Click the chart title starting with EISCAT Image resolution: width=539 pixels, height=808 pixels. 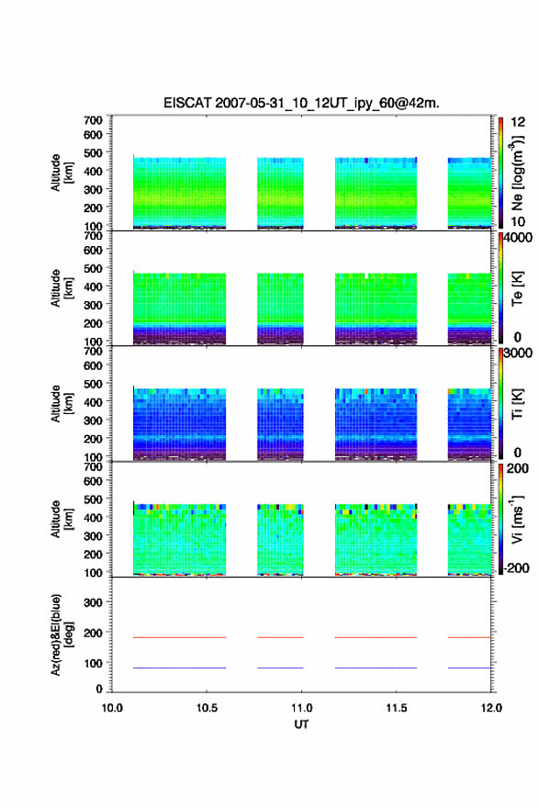(x=301, y=103)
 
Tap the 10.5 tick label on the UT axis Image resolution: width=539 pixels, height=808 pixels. (x=207, y=708)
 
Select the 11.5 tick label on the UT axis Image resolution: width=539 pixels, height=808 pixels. (x=397, y=708)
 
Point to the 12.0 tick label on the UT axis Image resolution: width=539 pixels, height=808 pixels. (x=491, y=708)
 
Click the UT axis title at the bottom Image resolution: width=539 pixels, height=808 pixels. (x=301, y=724)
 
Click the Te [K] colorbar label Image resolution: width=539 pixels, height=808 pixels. (x=517, y=288)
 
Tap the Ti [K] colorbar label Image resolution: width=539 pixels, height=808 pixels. (x=517, y=403)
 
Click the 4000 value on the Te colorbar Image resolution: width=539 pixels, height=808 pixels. (x=518, y=238)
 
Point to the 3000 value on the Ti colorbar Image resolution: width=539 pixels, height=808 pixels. (x=518, y=353)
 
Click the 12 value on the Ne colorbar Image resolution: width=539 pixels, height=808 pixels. (x=518, y=122)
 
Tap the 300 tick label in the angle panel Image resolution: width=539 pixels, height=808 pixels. (x=93, y=602)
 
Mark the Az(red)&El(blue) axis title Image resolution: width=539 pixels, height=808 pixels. (x=62, y=634)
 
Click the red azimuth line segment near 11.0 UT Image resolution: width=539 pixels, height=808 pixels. (x=280, y=637)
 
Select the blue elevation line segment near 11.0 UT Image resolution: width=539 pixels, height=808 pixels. (x=280, y=668)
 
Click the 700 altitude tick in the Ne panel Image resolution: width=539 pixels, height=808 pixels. (x=93, y=120)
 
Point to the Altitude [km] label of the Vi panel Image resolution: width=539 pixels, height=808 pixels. (x=62, y=519)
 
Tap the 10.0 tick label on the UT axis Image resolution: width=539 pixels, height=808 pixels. (x=112, y=708)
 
